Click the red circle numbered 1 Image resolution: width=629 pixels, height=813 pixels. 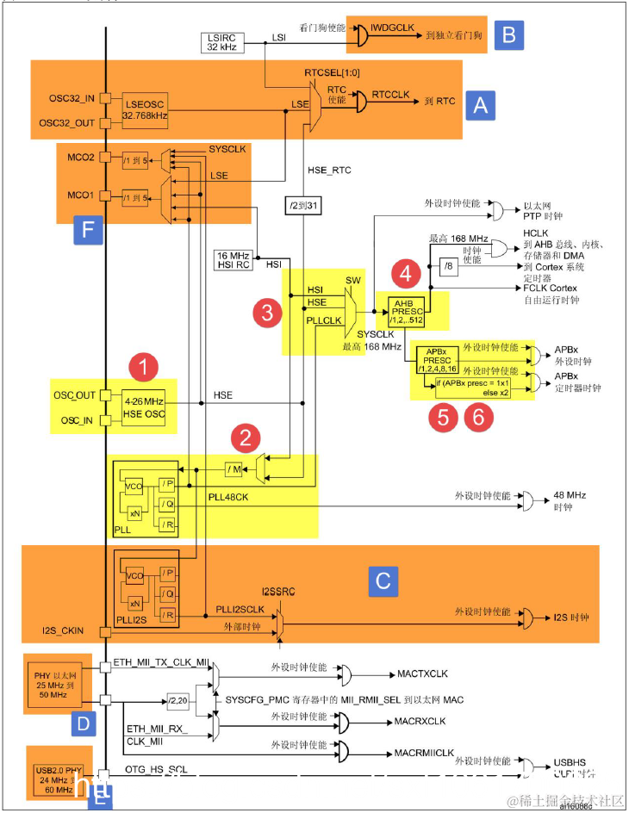coord(142,368)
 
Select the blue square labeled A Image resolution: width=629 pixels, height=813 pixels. coord(480,105)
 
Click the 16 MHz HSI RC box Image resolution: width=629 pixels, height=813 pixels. coord(235,260)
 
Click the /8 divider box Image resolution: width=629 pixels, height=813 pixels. coord(450,265)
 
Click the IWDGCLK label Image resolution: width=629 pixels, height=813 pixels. coord(395,28)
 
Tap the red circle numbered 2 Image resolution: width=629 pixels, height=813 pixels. coord(247,437)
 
